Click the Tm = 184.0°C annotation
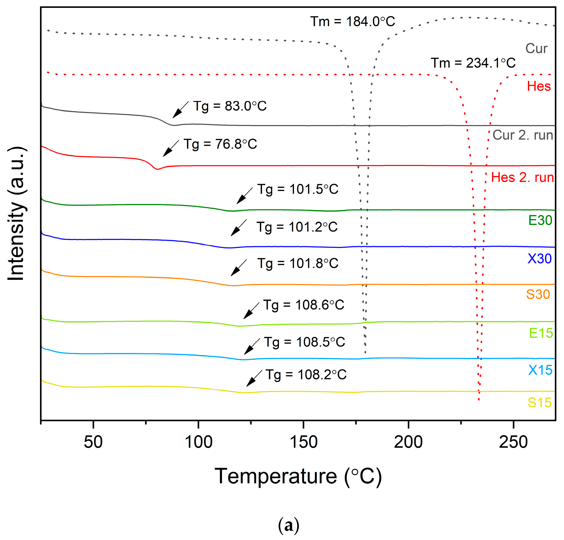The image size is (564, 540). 352,22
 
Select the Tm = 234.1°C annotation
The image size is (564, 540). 473,63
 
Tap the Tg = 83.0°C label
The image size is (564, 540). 230,106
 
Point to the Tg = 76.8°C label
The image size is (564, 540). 220,144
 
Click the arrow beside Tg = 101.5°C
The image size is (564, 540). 244,196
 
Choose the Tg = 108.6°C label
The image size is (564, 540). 304,305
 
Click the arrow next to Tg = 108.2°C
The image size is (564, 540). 254,378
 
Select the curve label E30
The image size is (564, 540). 540,220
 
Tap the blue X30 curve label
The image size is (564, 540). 540,259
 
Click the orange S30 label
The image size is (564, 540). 538,294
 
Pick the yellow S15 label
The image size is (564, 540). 539,403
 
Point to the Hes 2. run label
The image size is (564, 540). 522,178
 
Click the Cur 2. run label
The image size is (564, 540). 523,135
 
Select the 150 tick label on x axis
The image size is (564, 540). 303,443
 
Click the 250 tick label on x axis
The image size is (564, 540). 513,443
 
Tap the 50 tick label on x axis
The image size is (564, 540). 93,443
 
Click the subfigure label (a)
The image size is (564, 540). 289,526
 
